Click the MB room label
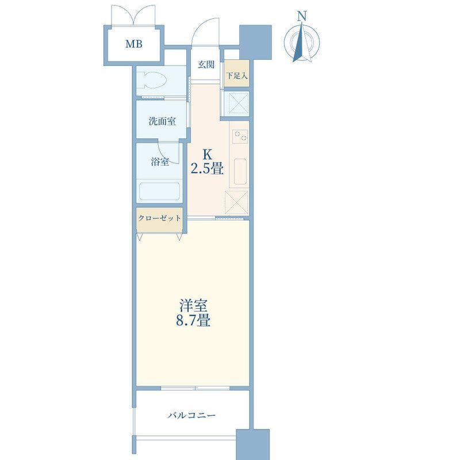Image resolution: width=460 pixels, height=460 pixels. tap(134, 44)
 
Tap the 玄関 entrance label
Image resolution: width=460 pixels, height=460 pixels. tap(206, 64)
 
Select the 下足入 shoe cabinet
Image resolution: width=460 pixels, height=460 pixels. tap(237, 73)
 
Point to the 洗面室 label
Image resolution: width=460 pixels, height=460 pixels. tap(162, 121)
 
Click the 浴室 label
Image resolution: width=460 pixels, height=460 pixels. tap(160, 162)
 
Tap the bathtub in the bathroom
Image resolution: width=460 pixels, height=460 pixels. tap(159, 191)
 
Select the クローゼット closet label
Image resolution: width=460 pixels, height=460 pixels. tap(159, 218)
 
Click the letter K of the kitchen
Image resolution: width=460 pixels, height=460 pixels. tap(208, 154)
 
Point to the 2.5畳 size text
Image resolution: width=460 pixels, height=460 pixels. tap(208, 168)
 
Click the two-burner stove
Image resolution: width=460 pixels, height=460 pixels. tap(240, 136)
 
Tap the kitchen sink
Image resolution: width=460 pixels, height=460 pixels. tap(240, 171)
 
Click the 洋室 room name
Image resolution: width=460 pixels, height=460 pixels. tap(193, 306)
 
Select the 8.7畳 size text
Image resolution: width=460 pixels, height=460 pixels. tap(193, 320)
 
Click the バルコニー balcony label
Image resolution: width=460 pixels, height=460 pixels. tap(191, 415)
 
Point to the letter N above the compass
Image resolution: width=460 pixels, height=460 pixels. tap(302, 16)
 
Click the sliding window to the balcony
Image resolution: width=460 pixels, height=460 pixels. tap(195, 388)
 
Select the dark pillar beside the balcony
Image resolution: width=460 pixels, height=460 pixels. tap(252, 444)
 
